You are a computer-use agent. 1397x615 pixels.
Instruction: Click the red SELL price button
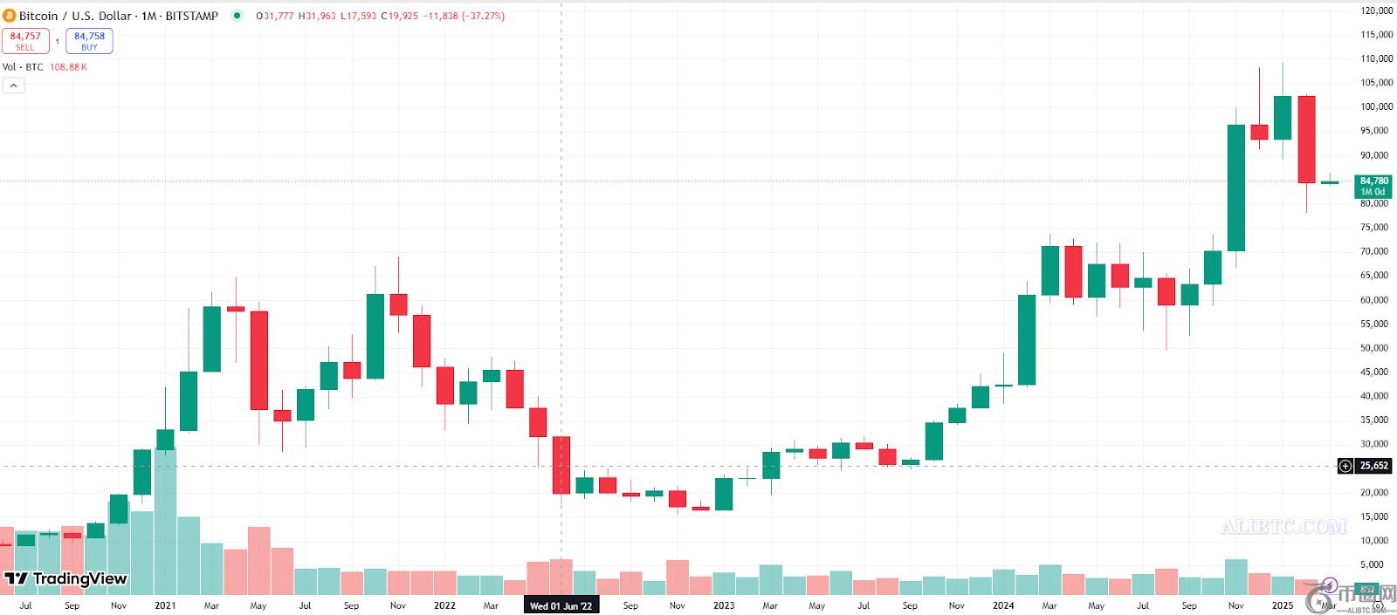coord(25,41)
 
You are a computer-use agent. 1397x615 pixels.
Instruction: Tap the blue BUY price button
coord(89,41)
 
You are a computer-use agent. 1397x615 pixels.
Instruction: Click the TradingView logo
coord(66,578)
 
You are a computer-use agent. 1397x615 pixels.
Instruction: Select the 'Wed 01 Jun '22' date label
coord(561,605)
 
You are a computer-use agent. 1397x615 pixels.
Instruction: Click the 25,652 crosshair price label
coord(1373,466)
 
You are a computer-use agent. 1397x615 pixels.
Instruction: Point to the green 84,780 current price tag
coord(1373,186)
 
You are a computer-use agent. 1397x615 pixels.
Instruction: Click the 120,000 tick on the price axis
coord(1376,10)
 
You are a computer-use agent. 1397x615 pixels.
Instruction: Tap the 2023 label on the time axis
coord(724,605)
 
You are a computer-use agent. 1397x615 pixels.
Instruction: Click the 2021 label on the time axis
coord(165,605)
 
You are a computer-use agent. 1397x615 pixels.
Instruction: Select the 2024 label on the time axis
coord(1003,605)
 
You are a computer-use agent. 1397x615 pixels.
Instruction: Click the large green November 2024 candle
coord(1236,188)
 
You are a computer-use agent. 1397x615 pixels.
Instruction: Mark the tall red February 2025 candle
coord(1306,140)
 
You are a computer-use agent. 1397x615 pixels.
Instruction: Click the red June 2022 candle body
coord(561,465)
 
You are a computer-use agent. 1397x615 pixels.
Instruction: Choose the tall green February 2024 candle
coord(1027,340)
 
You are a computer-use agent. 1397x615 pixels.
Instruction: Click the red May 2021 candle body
coord(259,360)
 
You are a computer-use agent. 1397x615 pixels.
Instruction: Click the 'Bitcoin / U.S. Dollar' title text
coord(75,16)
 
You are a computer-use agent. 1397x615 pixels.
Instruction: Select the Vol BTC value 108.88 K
coord(68,67)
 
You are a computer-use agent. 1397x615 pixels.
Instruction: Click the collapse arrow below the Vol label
coord(13,85)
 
